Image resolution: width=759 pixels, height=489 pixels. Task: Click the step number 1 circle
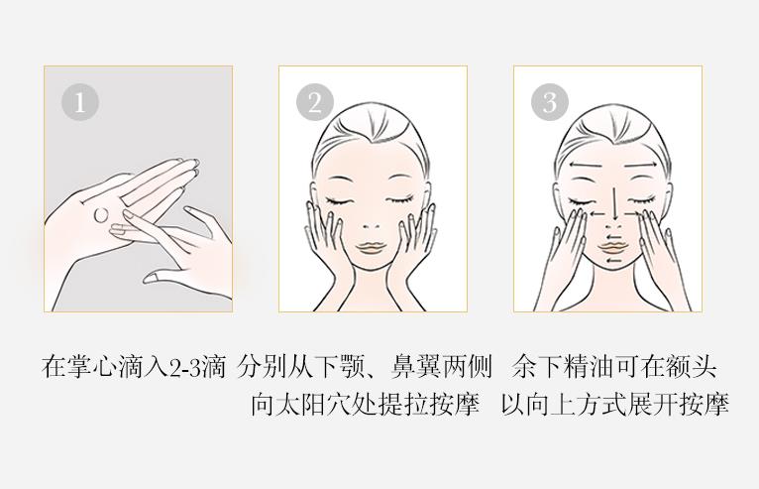click(80, 102)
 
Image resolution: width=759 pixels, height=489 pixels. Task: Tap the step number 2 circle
click(315, 102)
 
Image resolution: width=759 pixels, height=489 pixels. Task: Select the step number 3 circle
click(550, 102)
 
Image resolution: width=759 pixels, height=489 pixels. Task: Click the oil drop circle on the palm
click(101, 215)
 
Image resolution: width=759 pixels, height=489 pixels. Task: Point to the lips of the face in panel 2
click(371, 248)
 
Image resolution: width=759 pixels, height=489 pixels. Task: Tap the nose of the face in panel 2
click(372, 226)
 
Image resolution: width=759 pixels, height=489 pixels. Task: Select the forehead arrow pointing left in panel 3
click(585, 166)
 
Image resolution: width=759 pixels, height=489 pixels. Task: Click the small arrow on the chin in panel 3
click(614, 262)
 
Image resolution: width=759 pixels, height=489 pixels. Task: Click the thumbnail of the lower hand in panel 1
click(152, 277)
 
